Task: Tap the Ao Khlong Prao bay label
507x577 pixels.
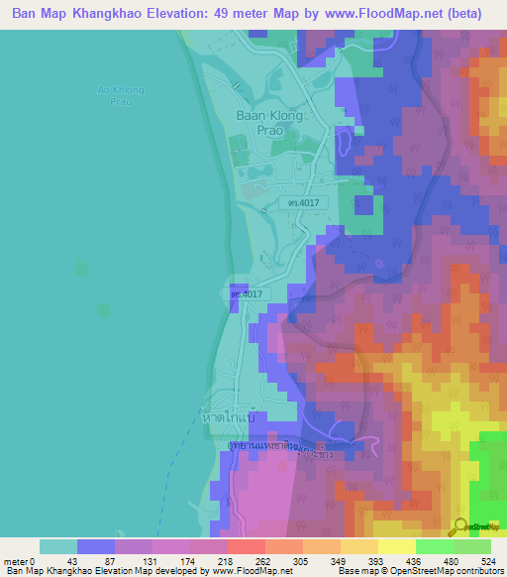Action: tap(121, 96)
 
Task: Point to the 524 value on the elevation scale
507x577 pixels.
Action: tap(486, 561)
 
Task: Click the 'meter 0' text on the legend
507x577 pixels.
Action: tap(20, 561)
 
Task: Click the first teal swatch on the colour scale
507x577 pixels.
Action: tap(58, 546)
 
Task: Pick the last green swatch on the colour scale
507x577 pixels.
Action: tap(472, 546)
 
